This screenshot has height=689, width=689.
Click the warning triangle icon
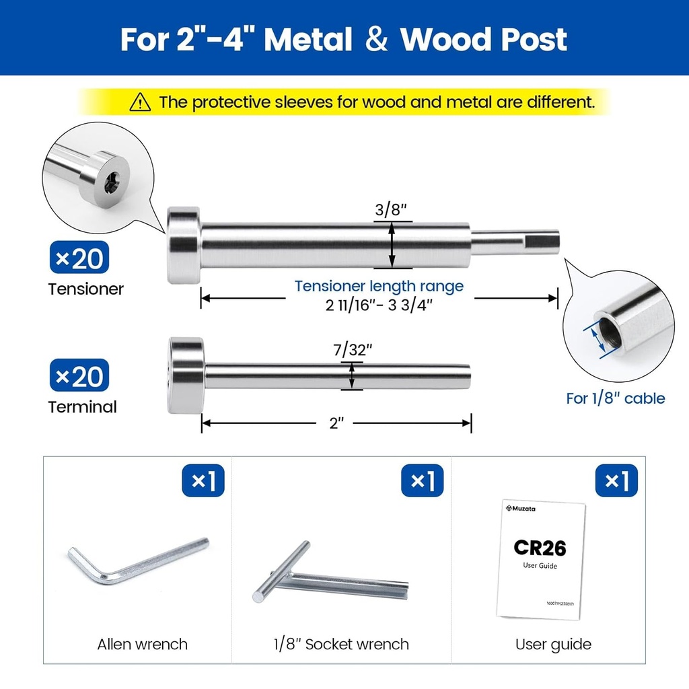coord(140,102)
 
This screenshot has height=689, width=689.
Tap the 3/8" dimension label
coord(391,210)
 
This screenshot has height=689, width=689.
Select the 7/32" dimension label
coord(353,350)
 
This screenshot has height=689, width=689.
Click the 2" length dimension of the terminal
coord(336,423)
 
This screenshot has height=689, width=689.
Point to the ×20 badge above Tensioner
coord(79,258)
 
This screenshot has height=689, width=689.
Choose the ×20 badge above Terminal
coord(79,375)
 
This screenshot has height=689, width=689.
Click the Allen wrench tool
coord(138,561)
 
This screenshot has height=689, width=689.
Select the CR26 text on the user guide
coord(540,548)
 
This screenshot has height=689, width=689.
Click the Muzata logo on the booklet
coord(521,509)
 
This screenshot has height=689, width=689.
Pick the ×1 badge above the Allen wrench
coord(203,480)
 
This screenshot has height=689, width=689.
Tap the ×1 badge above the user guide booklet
coord(616,480)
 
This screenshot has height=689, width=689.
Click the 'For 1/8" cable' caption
coord(615,398)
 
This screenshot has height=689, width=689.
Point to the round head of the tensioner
coord(183,245)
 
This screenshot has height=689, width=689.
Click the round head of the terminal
coord(186,375)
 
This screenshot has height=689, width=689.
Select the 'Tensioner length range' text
coord(379,286)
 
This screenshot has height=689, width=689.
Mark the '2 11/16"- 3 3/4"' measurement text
coord(379,305)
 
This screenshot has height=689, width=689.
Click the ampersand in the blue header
coord(377,39)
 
